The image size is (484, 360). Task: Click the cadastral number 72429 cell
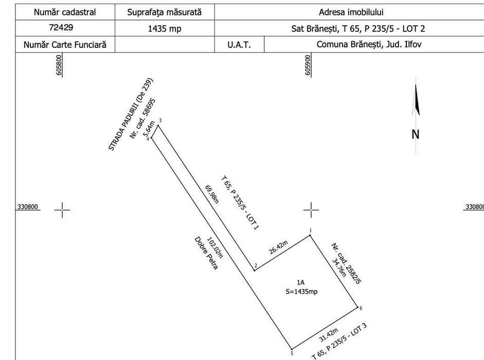coord(61,27)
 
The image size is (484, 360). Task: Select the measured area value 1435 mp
coord(165,29)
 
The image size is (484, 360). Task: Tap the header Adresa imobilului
coord(351,12)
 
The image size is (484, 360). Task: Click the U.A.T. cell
coord(239,45)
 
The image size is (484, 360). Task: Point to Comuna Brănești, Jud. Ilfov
coord(369,44)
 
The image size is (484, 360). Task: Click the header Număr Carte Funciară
coord(65,45)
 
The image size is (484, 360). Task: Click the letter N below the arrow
coord(416,134)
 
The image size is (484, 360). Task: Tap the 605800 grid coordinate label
coord(59,65)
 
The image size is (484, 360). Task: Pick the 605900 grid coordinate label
coord(308,65)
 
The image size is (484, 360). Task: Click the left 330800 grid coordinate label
coord(27,207)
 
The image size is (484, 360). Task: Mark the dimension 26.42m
coord(278,247)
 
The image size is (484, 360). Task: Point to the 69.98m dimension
coord(212,194)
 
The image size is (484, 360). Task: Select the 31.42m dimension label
coord(329,335)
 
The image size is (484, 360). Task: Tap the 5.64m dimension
coord(149,130)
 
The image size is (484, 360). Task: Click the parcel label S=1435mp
coord(301,292)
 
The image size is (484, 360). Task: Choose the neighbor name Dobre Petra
coord(206,253)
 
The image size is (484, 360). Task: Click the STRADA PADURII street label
coord(131,114)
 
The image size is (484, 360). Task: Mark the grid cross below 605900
coord(311,210)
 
